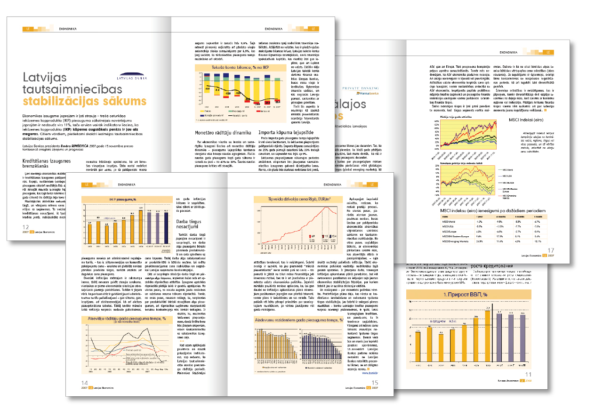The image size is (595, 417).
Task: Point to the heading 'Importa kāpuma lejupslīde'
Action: tap(279, 132)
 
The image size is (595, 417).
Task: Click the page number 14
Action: tap(85, 383)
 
